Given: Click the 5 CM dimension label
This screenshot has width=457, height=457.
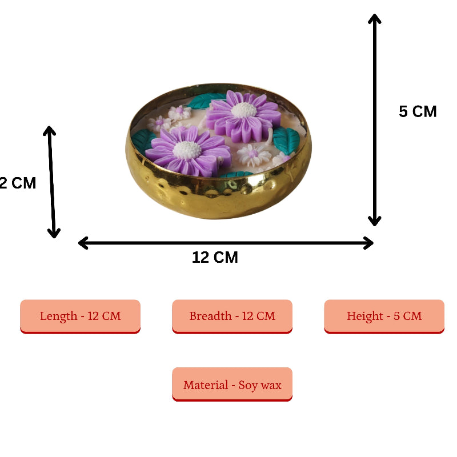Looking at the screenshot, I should pyautogui.click(x=418, y=111).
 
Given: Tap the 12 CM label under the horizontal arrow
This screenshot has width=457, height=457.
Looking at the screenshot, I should pyautogui.click(x=215, y=258).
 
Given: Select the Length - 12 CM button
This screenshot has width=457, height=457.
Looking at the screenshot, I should pyautogui.click(x=80, y=316).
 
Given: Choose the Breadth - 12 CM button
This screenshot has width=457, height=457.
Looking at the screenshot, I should pyautogui.click(x=232, y=316).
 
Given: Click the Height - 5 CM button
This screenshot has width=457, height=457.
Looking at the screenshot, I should pyautogui.click(x=384, y=316).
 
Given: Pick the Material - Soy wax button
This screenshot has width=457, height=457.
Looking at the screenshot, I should pyautogui.click(x=232, y=385).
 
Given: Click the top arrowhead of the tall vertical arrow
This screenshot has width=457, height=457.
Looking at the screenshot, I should pyautogui.click(x=374, y=19).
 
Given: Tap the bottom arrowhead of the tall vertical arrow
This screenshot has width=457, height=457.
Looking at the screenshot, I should pyautogui.click(x=374, y=221).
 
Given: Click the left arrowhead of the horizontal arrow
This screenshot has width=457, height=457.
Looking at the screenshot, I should pyautogui.click(x=82, y=243).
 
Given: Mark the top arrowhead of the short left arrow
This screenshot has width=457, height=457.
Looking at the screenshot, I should pyautogui.click(x=50, y=131).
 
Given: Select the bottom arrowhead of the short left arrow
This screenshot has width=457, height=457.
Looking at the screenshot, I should pyautogui.click(x=54, y=233).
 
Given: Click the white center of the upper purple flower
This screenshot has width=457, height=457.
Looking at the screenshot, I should pyautogui.click(x=244, y=110).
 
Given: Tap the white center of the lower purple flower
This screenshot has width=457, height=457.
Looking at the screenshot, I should pyautogui.click(x=187, y=150).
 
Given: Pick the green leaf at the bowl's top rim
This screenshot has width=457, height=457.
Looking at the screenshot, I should pyautogui.click(x=203, y=101).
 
